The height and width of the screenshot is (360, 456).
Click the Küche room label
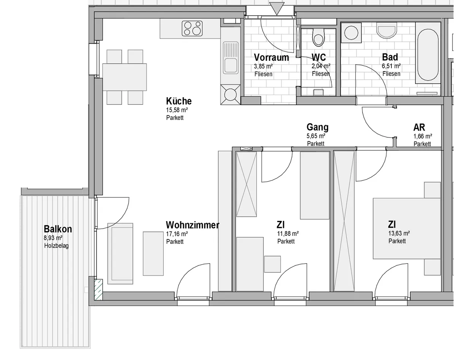(179, 101)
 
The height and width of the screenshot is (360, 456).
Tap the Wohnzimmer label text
(192, 225)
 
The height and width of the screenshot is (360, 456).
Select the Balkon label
(58, 229)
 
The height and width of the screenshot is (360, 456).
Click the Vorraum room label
(271, 57)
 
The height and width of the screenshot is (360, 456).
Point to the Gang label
(317, 127)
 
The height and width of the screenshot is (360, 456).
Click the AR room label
(419, 128)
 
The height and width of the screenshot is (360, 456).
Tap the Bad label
(390, 57)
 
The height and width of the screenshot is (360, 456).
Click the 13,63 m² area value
(399, 234)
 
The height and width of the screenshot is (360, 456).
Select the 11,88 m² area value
(288, 234)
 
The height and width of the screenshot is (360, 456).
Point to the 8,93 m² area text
(53, 238)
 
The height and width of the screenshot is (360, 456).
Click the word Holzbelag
(56, 246)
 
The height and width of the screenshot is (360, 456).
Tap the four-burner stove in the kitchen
(192, 28)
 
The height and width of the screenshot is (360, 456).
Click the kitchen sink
(231, 58)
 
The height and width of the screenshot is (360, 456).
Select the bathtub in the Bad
(428, 54)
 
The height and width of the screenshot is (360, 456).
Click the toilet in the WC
(318, 37)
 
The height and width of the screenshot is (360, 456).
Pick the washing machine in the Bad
(351, 33)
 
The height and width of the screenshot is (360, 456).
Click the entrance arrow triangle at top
(277, 9)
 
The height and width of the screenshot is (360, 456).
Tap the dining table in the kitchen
(125, 77)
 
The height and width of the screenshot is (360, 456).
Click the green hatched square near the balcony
(98, 289)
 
